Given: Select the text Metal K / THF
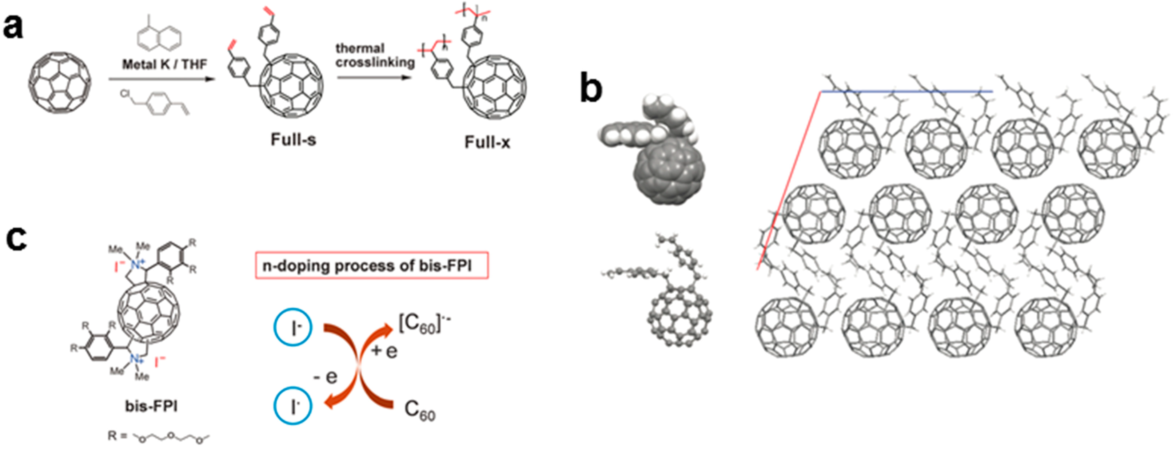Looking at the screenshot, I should (164, 65).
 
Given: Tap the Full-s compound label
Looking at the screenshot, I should (293, 139).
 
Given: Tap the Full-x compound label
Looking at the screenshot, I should (487, 143).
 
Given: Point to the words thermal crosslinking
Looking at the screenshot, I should (374, 55).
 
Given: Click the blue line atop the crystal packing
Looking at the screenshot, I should (906, 92).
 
